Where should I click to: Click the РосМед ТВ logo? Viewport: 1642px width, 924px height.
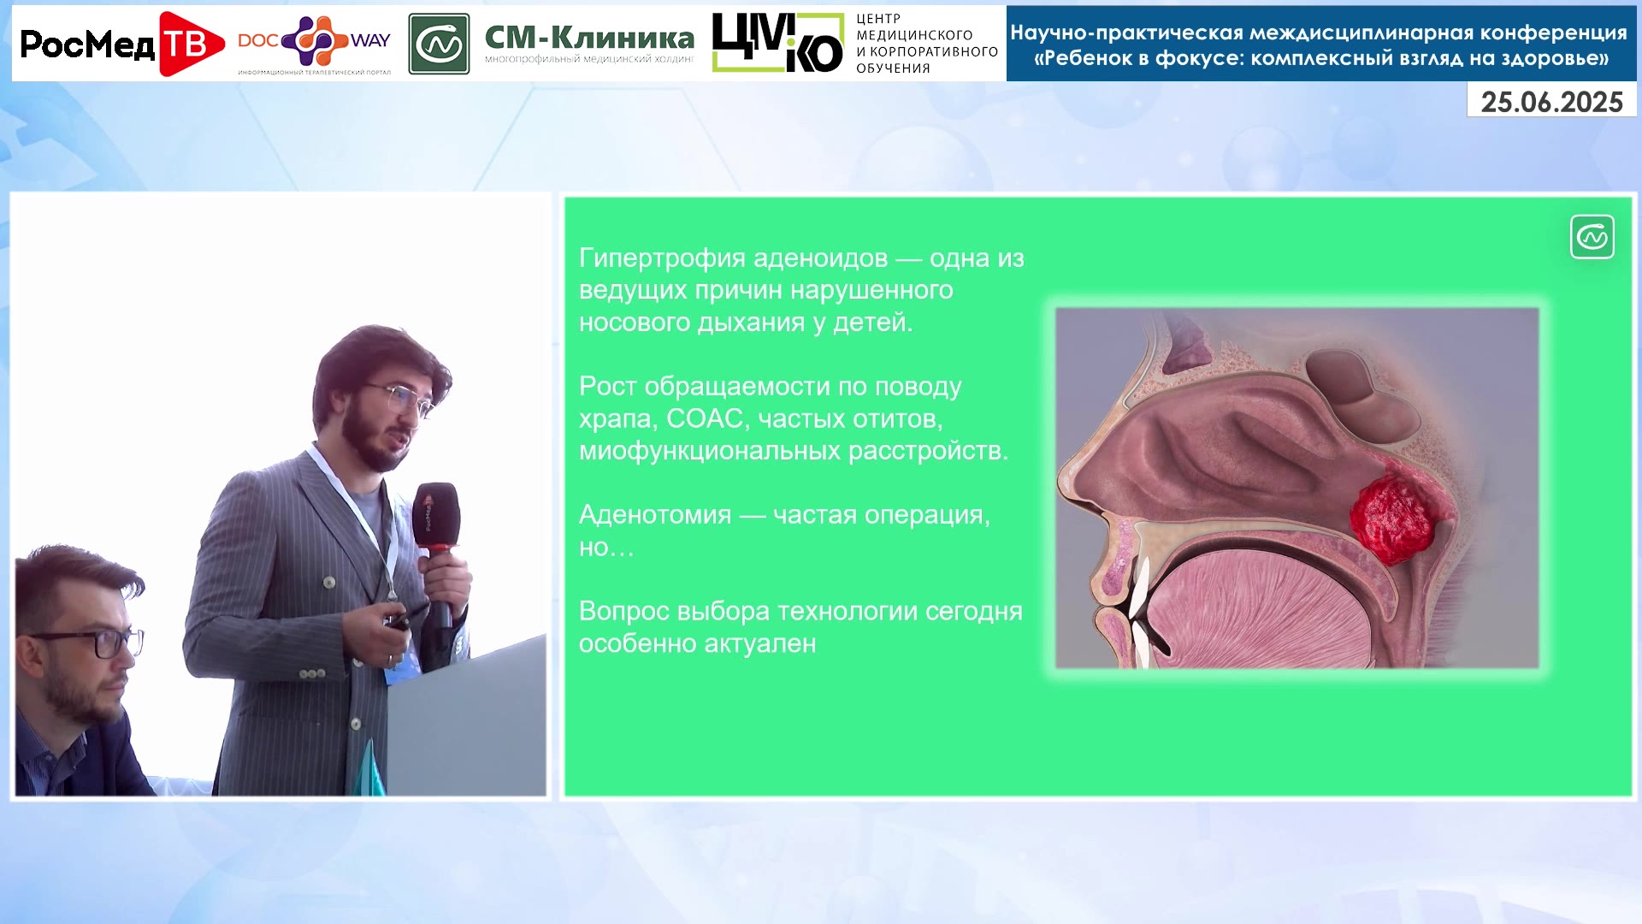point(121,44)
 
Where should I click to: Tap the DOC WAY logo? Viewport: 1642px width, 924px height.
point(314,44)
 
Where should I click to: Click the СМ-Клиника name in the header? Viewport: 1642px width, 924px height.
point(589,38)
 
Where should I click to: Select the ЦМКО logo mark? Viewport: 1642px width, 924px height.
point(777,43)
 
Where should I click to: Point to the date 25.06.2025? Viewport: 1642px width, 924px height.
point(1551,102)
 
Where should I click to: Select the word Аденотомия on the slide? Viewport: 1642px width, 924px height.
point(655,514)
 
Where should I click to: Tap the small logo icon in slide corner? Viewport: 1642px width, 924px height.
point(1592,237)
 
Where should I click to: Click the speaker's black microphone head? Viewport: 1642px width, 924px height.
point(435,516)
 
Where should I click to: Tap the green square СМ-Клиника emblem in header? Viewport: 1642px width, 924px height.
point(439,44)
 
